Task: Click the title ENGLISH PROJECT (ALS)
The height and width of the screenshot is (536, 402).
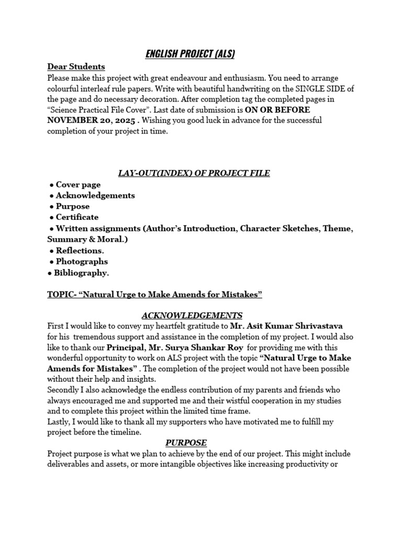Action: tap(189, 53)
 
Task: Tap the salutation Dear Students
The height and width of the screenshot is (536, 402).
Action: tap(76, 66)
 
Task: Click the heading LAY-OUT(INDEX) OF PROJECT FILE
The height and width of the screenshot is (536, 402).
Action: tap(193, 173)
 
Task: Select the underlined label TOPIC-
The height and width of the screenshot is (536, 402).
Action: tap(61, 295)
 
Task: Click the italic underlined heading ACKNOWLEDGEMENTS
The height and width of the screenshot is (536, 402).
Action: tap(192, 315)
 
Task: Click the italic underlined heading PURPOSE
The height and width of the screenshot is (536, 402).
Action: tap(186, 443)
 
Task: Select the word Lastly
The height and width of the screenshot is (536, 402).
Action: tap(59, 422)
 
